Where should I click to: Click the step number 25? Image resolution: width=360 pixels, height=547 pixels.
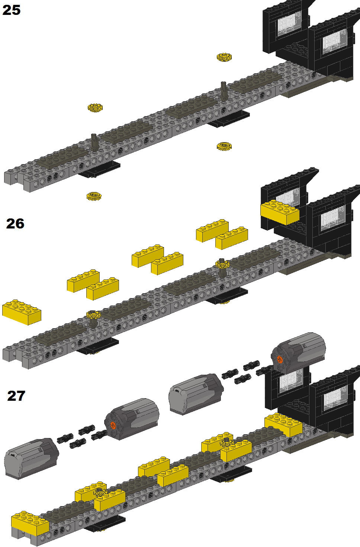tap(11, 10)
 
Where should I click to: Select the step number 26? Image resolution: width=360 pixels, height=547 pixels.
tap(15, 224)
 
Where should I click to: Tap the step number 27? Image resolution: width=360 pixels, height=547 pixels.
tap(16, 396)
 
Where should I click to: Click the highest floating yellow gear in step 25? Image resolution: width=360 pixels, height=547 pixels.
tap(224, 57)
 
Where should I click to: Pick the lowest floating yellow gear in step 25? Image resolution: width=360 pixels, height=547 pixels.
tap(94, 196)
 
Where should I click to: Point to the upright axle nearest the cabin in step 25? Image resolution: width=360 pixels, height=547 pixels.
tap(223, 90)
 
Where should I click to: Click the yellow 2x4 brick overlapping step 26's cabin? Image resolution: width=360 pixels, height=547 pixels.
tap(280, 212)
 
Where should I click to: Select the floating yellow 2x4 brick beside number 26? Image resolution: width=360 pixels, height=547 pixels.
tap(22, 312)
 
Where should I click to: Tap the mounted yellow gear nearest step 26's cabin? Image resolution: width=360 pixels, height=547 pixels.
tap(222, 264)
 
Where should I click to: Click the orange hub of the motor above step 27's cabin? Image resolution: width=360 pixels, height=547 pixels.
tap(279, 359)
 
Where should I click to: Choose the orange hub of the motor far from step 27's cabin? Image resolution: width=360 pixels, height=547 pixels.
tap(113, 425)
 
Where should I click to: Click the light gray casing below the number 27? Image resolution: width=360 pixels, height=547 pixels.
tap(32, 459)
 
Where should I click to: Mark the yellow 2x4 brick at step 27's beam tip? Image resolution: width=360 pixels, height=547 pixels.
tap(30, 523)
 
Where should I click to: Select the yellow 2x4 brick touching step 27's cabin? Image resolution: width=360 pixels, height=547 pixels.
tap(283, 425)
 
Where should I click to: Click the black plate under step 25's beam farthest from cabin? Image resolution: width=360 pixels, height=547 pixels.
tap(99, 169)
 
